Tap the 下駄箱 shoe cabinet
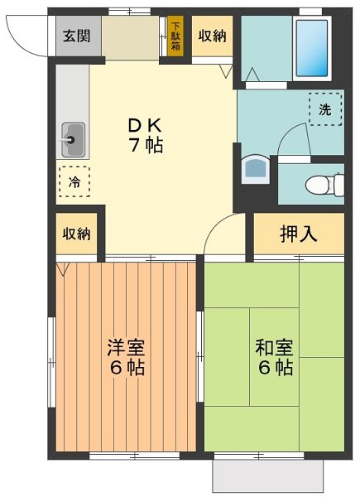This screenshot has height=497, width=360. click(x=175, y=36)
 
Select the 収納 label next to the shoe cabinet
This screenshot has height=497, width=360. click(x=212, y=36)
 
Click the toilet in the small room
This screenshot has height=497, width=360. click(x=323, y=184)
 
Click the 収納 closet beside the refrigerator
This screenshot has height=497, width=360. click(x=77, y=234)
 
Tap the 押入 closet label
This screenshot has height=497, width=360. click(x=298, y=233)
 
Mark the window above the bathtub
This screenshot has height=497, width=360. click(x=310, y=11)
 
